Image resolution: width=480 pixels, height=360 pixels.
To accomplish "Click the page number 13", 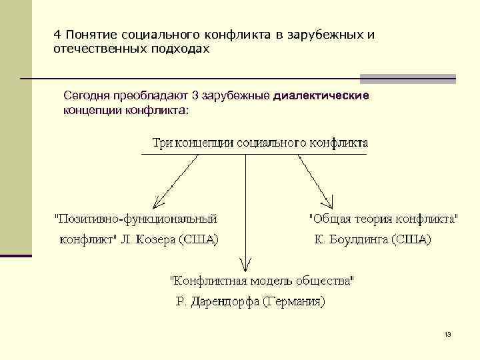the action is pyautogui.click(x=447, y=334).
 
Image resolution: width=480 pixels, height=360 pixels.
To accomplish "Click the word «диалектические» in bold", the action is pyautogui.click(x=321, y=96).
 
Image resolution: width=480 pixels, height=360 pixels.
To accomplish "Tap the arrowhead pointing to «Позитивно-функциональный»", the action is pyautogui.click(x=156, y=201).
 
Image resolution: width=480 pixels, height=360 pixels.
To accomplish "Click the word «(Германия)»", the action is pyautogui.click(x=293, y=301).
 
